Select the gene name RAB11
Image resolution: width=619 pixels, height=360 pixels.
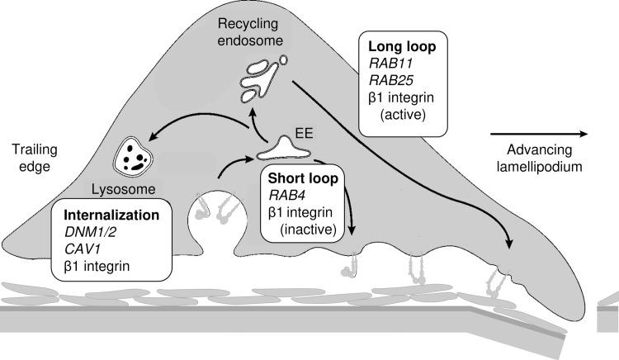[390, 65]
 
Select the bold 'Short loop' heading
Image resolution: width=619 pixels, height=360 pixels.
[299, 178]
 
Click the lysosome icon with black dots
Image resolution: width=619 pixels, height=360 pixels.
[135, 153]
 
